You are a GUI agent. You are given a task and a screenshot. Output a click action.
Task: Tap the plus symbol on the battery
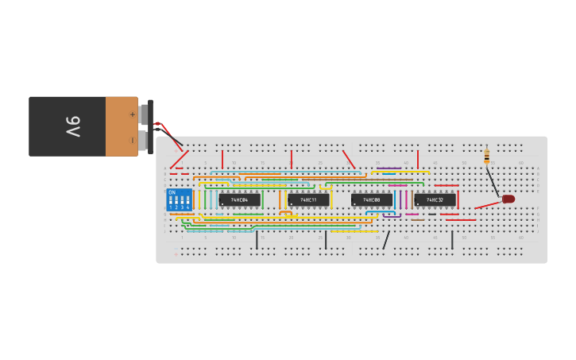tap(132, 114)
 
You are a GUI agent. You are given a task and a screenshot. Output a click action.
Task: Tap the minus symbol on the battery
tap(132, 141)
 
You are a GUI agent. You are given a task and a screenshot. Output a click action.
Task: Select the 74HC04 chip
tap(240, 199)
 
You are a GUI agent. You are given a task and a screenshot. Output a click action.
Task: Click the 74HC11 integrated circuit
tap(308, 199)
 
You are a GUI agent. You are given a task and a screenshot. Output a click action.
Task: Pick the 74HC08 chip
tap(372, 199)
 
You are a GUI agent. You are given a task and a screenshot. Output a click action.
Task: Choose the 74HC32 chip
tap(435, 199)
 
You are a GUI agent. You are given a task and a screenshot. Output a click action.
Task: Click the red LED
tap(508, 199)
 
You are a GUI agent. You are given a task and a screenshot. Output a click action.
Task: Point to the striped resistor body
tap(487, 157)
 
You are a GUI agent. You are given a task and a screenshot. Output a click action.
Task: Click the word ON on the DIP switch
tap(172, 192)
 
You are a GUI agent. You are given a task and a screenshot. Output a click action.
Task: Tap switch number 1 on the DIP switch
tap(171, 202)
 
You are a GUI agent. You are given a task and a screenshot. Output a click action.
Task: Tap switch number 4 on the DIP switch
tap(187, 202)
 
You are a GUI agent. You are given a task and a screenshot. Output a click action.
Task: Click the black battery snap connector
tap(150, 126)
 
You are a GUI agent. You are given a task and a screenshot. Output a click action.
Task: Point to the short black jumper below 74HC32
tap(431, 214)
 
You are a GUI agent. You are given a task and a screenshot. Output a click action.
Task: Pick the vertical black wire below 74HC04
tap(257, 239)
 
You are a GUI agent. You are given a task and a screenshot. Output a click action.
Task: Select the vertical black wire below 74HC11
tap(326, 239)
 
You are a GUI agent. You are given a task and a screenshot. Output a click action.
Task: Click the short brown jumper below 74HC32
tap(418, 220)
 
